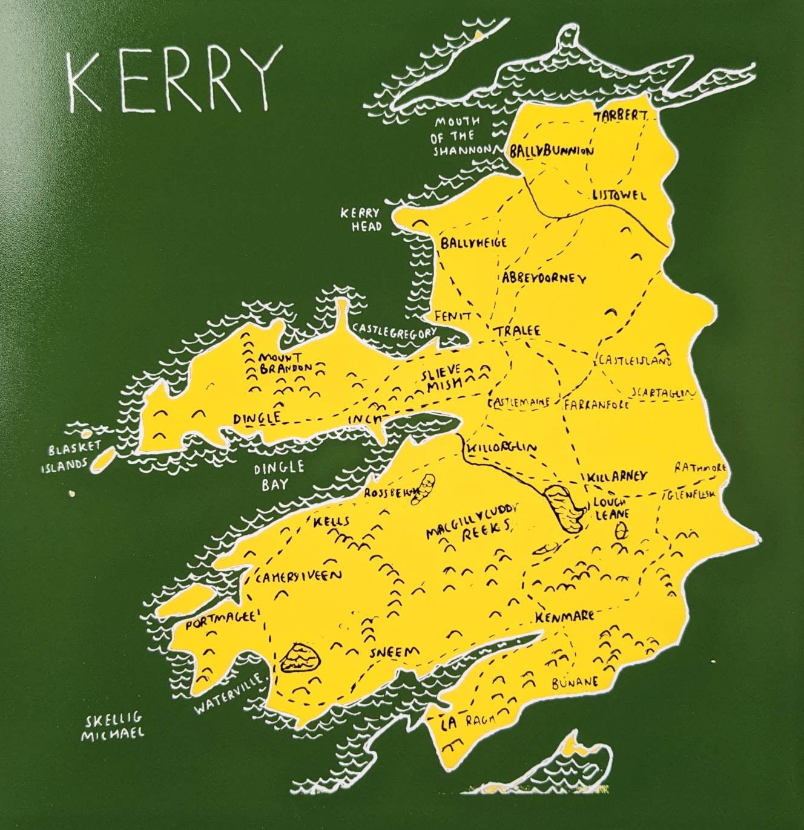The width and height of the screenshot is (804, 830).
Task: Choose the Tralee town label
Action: coord(516,332)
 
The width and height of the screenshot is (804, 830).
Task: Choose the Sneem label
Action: coord(394,652)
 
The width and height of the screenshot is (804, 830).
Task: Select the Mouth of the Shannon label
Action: coord(458,137)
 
